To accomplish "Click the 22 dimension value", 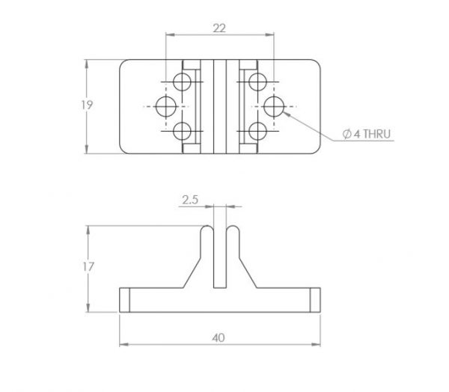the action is pyautogui.click(x=219, y=28).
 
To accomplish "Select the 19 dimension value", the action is pyautogui.click(x=87, y=105).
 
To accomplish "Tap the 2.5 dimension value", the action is pyautogui.click(x=190, y=200).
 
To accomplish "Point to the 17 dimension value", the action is pyautogui.click(x=88, y=267).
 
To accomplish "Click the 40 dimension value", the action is pyautogui.click(x=219, y=338).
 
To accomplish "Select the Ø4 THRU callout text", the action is pyautogui.click(x=367, y=134).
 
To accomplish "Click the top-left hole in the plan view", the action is pyautogui.click(x=182, y=82).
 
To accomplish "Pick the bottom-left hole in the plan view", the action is pyautogui.click(x=182, y=131).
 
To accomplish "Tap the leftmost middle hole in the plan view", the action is pyautogui.click(x=166, y=106).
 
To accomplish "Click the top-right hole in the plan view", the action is pyautogui.click(x=257, y=82).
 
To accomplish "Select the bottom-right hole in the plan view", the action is pyautogui.click(x=257, y=131).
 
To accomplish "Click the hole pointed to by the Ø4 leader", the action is pyautogui.click(x=274, y=106).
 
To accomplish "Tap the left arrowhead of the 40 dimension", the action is pyautogui.click(x=123, y=344).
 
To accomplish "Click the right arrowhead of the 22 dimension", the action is pyautogui.click(x=269, y=34).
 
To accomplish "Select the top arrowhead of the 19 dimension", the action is pyautogui.click(x=87, y=64).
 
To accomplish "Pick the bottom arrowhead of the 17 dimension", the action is pyautogui.click(x=88, y=307).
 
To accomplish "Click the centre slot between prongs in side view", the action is pyautogui.click(x=220, y=257).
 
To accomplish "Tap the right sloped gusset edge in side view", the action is pyautogui.click(x=248, y=273).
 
